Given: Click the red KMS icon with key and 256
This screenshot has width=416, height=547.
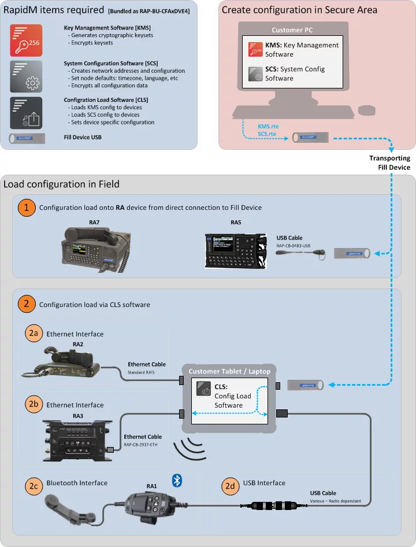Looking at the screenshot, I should [26, 40].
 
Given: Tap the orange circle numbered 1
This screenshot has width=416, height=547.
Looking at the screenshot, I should [26, 207].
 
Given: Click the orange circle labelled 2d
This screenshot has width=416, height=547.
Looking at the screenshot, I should [230, 483].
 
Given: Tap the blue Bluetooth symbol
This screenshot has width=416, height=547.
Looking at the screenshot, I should [178, 479].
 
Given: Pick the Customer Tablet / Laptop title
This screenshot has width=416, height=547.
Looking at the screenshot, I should [229, 371].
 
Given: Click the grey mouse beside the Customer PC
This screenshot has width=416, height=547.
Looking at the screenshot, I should [366, 109].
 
